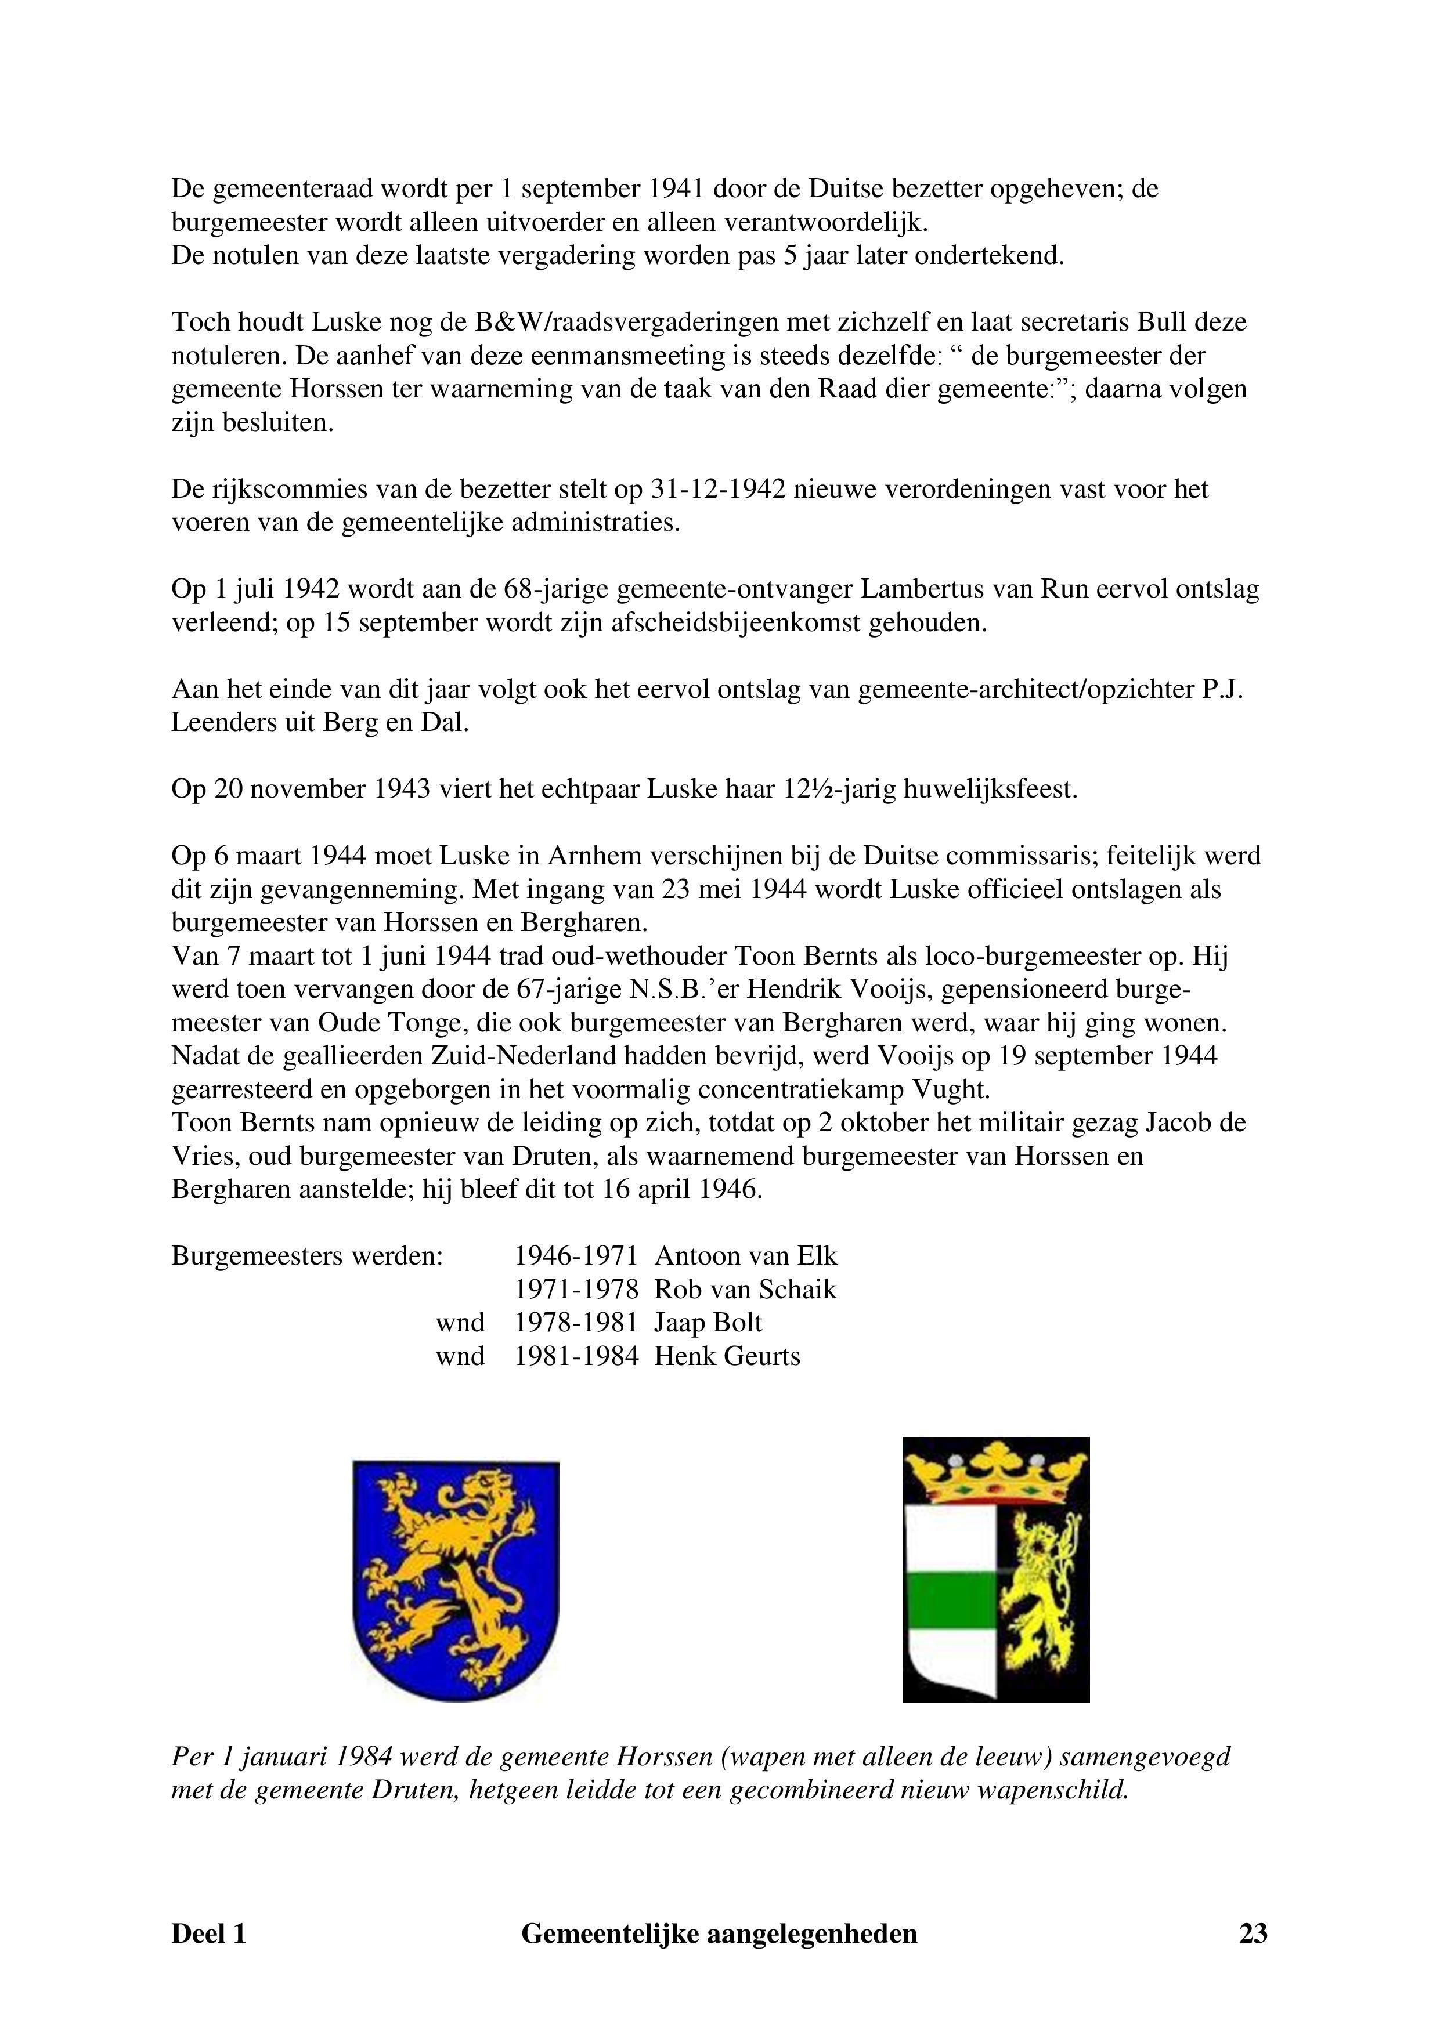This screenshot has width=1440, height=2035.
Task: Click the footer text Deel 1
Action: tap(208, 1958)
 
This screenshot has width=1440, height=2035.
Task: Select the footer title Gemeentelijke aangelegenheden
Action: tap(719, 1958)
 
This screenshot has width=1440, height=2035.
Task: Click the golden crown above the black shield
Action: tap(995, 1472)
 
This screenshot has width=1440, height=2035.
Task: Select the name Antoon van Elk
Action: tap(745, 1256)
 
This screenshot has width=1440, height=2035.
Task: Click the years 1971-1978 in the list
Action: tap(576, 1290)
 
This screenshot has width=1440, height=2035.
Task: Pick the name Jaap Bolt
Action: tap(708, 1323)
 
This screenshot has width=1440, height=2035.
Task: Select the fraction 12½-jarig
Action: tap(839, 790)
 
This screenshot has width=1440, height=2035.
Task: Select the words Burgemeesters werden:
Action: tap(307, 1256)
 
